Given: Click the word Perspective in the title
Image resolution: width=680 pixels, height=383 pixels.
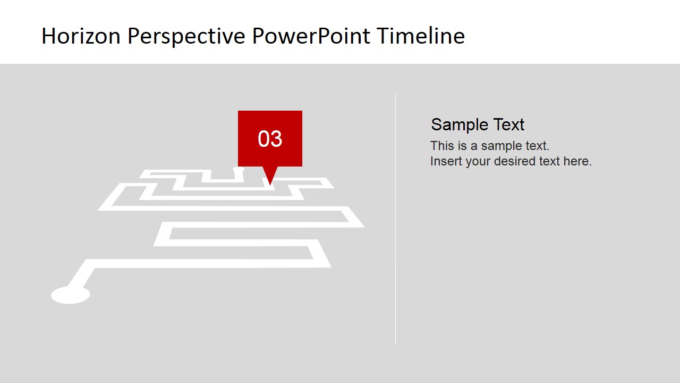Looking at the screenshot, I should pos(186,36).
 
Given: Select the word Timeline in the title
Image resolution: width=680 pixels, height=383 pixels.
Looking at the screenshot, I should pos(421,36).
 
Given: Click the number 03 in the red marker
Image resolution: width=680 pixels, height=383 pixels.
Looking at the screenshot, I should pos(270,139).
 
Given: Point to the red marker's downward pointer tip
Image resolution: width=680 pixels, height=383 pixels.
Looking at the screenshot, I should pos(270,184).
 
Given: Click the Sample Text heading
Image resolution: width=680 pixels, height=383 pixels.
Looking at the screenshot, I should pos(478,124).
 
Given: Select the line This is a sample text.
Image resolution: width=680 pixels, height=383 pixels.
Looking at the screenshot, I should pos(490,146).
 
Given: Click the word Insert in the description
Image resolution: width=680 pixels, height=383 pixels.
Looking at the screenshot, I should pos(446,161).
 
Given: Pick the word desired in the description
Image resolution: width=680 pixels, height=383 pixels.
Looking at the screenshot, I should pos(515,161).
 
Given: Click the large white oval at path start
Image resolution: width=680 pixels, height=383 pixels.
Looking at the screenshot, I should pos(70,295).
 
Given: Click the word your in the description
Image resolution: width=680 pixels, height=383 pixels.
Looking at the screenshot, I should pos(478,161).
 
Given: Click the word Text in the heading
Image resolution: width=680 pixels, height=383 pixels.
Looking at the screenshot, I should pos(508,124).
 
